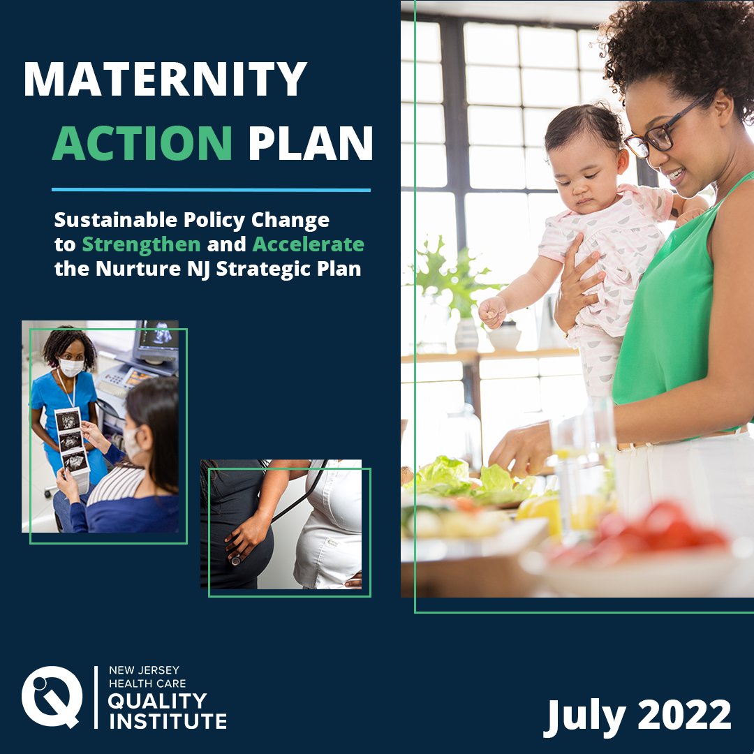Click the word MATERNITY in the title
tap(165, 79)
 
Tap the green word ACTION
tap(142, 143)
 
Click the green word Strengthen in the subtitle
tap(141, 244)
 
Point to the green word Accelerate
tap(308, 244)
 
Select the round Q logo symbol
tap(51, 697)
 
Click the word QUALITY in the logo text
tap(158, 700)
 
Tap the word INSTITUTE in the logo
tap(168, 720)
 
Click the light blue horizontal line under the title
tap(211, 189)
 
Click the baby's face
tap(585, 171)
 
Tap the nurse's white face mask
tap(71, 367)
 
